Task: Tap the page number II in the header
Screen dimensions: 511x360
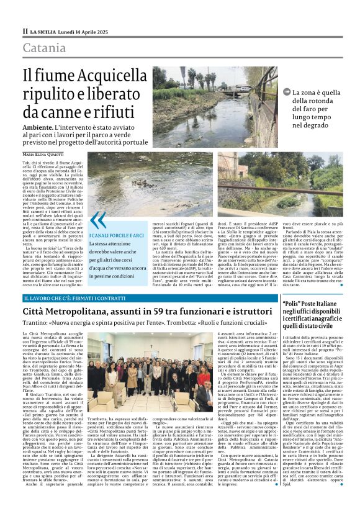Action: [25, 30]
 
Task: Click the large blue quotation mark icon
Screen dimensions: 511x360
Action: [98, 220]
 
